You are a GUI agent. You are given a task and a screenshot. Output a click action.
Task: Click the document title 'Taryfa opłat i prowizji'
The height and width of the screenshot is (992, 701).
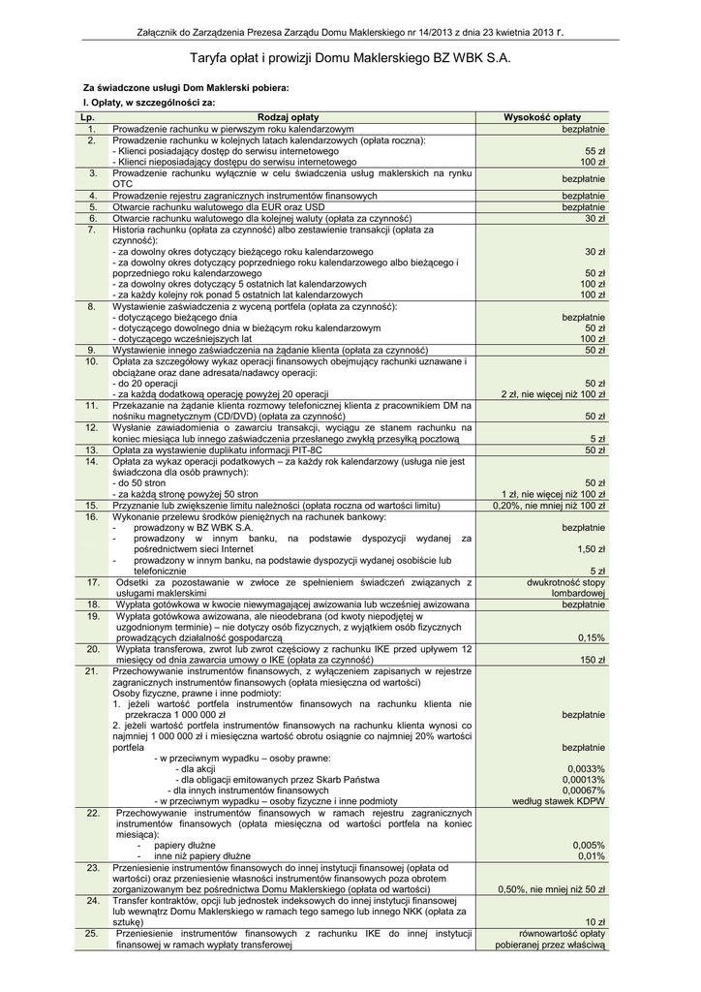tap(350, 59)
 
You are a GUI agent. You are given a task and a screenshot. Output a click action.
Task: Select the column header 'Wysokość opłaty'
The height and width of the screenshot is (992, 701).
tap(542, 117)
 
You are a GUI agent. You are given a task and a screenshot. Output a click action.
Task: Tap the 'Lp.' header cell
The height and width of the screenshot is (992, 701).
tap(91, 117)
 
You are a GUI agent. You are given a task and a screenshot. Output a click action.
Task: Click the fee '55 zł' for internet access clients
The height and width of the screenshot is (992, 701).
tap(594, 151)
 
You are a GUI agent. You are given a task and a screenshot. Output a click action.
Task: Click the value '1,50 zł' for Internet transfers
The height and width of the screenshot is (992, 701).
tap(591, 549)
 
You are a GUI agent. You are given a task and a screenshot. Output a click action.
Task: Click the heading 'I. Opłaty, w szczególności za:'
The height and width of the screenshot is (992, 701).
tap(149, 102)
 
